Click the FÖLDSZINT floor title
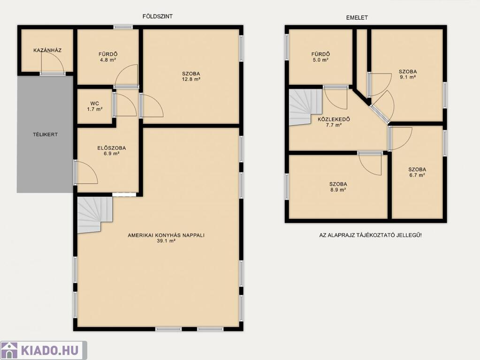157,16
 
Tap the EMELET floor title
357,18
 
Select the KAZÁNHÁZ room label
47,50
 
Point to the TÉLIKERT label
46,134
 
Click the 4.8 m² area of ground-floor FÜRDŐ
108,60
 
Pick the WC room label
95,104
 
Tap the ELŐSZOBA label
111,148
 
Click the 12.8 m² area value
191,79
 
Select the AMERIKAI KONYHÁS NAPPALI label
166,235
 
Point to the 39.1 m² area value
166,241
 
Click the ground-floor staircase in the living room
94,214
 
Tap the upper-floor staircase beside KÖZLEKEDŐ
305,106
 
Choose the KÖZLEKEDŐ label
334,119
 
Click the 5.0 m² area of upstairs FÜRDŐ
321,60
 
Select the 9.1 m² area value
408,77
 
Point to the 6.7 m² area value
417,175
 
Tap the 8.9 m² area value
338,190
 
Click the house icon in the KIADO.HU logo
9,350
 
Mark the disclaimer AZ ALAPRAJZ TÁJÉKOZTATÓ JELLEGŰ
370,235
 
